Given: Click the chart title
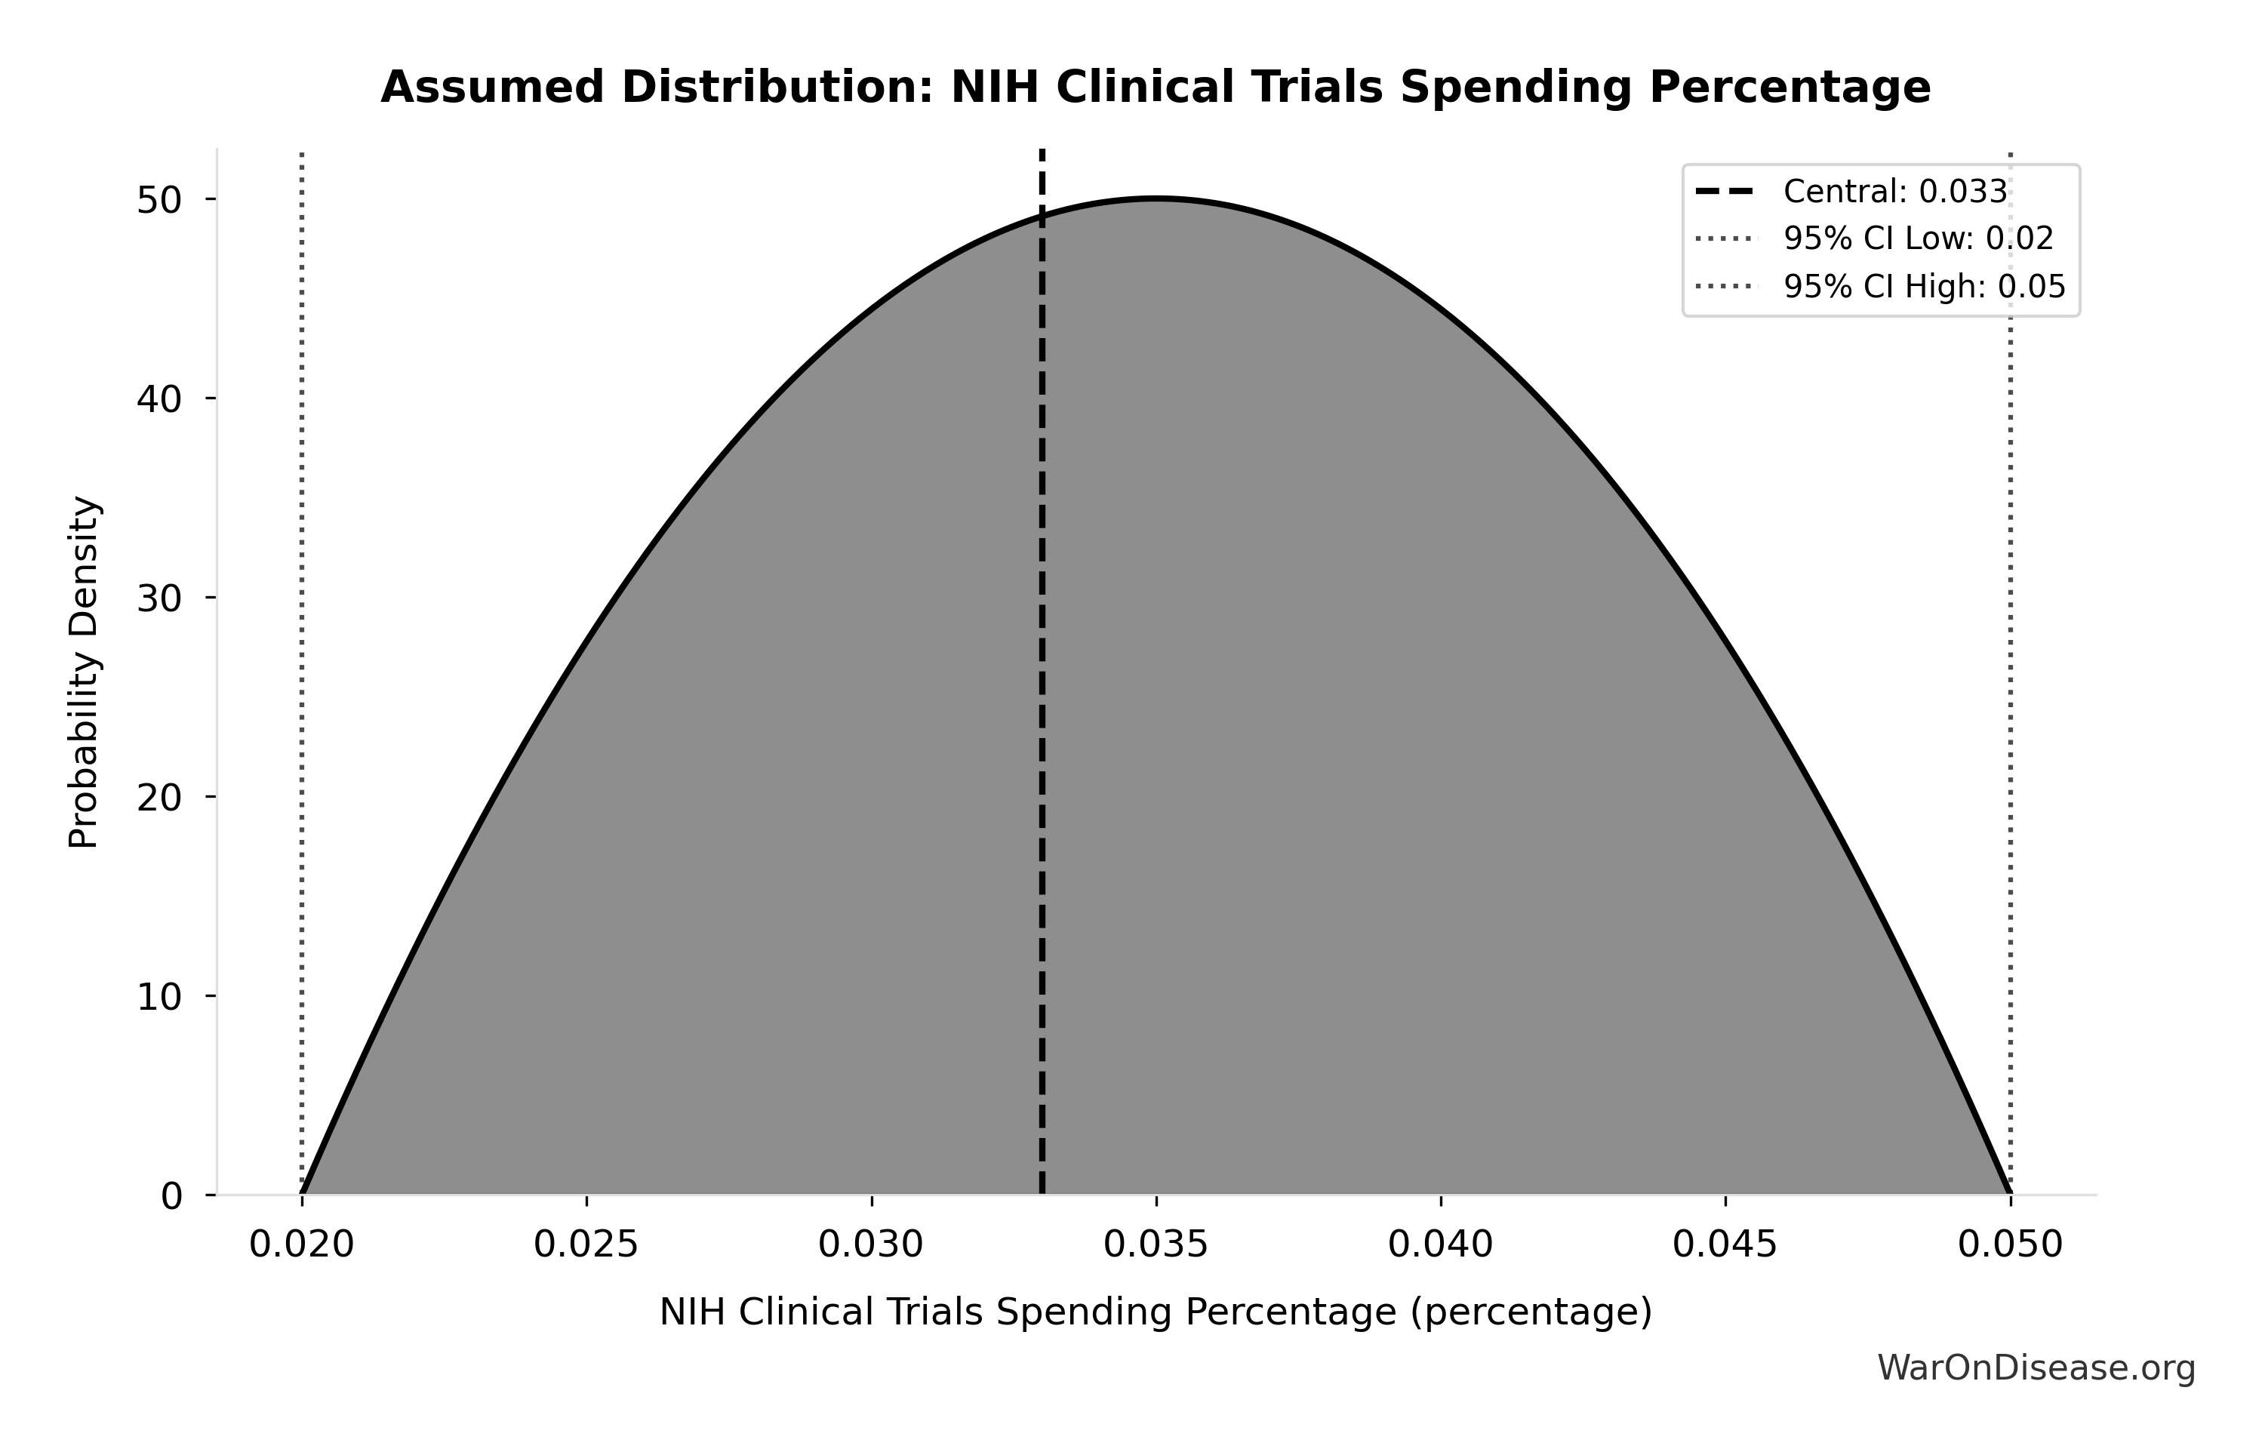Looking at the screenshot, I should [1155, 88].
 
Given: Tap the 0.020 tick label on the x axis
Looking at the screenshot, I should [301, 1245].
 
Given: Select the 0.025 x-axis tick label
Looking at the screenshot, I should [586, 1245].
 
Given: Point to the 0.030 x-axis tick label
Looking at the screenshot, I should [870, 1245].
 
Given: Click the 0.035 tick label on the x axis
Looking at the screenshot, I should [1156, 1245].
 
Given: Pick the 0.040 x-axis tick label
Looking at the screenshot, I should [1440, 1245].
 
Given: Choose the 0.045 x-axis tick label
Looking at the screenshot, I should [1725, 1245].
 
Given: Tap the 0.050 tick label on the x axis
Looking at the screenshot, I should [2010, 1245].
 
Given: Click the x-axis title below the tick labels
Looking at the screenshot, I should [1155, 1312].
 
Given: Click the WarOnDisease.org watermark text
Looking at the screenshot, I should [2036, 1367].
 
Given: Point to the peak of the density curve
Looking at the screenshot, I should [1156, 198].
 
